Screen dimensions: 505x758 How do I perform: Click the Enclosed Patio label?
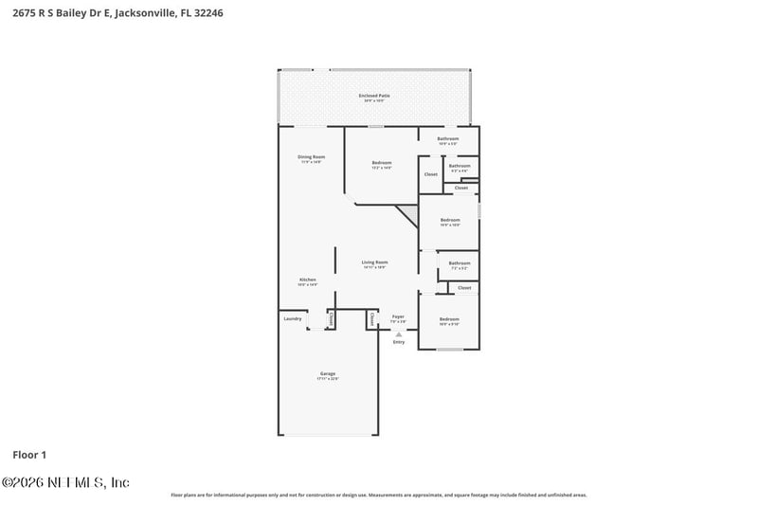coord(374,97)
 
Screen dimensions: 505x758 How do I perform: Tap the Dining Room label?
coord(311,158)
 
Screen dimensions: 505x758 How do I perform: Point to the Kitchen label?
coord(307,280)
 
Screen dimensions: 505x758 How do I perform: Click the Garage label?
coord(327,375)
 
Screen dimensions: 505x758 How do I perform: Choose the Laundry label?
coord(293,318)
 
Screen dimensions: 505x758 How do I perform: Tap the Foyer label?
coord(398,319)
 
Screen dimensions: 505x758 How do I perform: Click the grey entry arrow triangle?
coord(399,334)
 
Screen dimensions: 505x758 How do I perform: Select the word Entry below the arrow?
coord(399,342)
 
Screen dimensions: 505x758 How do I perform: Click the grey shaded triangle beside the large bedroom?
coord(408,213)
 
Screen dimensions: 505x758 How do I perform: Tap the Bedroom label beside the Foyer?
coord(449,321)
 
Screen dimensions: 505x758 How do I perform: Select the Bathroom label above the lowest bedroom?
coord(460,264)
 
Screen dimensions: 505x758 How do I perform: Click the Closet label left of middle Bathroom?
coord(431,174)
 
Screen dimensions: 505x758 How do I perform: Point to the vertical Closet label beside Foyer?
coord(371,319)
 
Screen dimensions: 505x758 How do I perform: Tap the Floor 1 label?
coord(29,455)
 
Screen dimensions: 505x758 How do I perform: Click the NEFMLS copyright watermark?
coord(65,482)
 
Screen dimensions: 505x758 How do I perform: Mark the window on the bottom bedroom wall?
coord(449,350)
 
